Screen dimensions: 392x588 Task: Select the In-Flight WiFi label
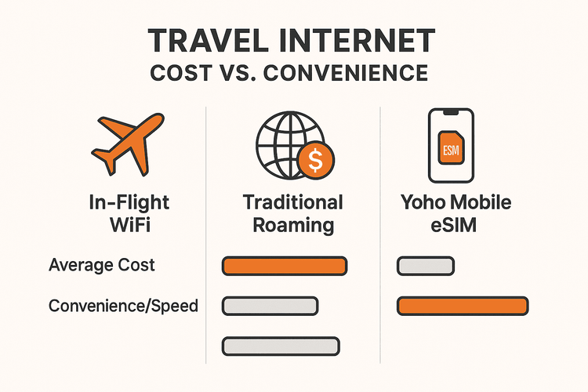click(129, 213)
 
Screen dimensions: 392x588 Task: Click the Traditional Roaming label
click(292, 213)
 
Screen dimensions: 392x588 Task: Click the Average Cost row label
click(102, 265)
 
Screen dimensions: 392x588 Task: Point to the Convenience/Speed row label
click(123, 306)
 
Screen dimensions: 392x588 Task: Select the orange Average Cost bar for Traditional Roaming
click(285, 266)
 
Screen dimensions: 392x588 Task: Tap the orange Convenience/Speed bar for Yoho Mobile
click(463, 306)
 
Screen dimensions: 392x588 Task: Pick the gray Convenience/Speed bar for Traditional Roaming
click(270, 306)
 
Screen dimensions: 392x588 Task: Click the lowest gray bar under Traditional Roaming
click(281, 345)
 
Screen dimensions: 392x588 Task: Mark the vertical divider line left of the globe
click(205, 235)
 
